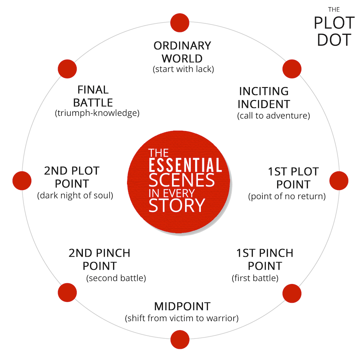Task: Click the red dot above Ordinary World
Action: tap(180, 23)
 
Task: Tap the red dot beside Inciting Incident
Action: tap(292, 69)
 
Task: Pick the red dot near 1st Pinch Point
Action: tap(292, 293)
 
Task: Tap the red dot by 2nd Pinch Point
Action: tap(67, 292)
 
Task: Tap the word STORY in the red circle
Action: tap(177, 206)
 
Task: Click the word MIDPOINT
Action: tap(182, 307)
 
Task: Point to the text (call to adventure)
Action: tap(274, 116)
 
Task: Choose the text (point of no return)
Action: tap(287, 197)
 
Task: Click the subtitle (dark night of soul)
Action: tap(75, 196)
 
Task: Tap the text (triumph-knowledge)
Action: tap(97, 113)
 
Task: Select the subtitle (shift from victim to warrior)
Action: tap(182, 319)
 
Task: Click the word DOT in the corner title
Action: tap(334, 40)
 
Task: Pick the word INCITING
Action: tap(264, 91)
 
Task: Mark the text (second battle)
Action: tap(116, 278)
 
